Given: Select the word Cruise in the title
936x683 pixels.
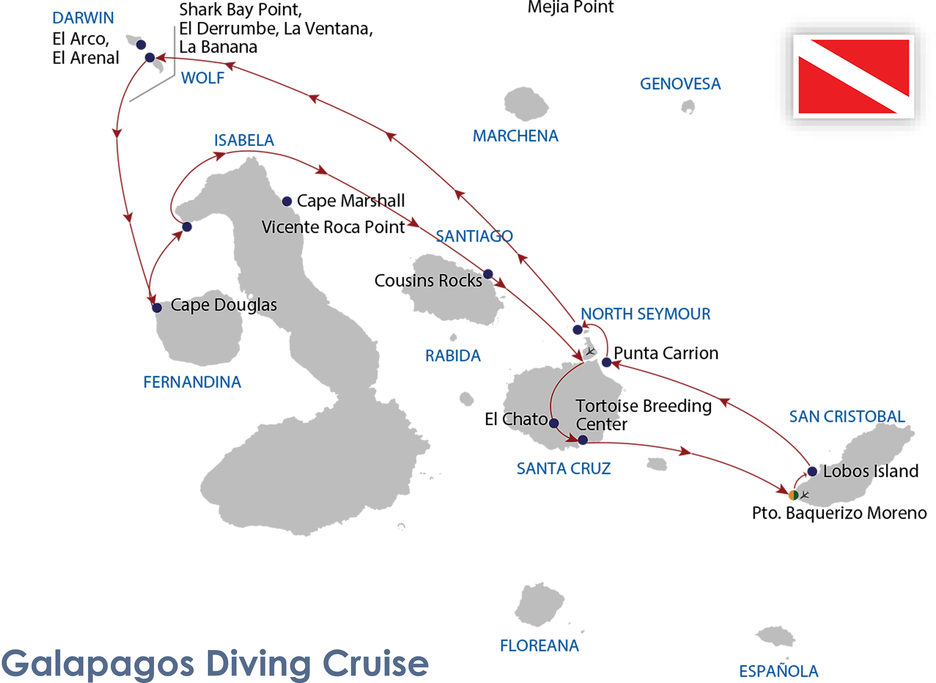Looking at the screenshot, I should coord(375,663).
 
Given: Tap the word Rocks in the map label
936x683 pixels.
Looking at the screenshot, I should coord(460,281).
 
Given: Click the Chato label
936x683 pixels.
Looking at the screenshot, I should coord(525,419).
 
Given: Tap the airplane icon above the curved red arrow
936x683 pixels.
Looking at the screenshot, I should coord(590,351).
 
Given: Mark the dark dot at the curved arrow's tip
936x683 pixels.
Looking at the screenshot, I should coord(583,439).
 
